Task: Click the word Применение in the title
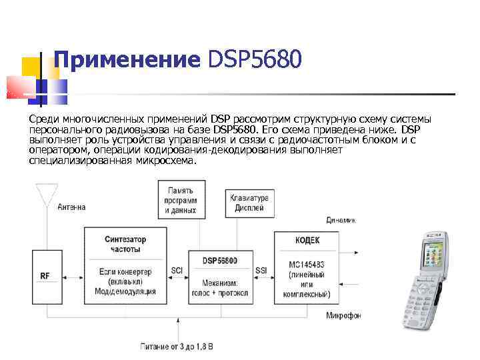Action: [x=127, y=60]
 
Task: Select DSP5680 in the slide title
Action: [x=255, y=60]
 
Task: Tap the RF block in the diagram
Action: [x=45, y=275]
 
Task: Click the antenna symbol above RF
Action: [x=45, y=195]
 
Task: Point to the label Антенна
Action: [x=71, y=207]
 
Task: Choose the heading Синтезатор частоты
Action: [x=125, y=244]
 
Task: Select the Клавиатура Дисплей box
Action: [x=249, y=202]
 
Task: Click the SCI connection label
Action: [x=177, y=271]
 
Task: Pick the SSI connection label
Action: [x=261, y=271]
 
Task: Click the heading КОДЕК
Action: [x=307, y=240]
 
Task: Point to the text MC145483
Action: [x=307, y=265]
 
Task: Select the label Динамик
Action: [x=341, y=220]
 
